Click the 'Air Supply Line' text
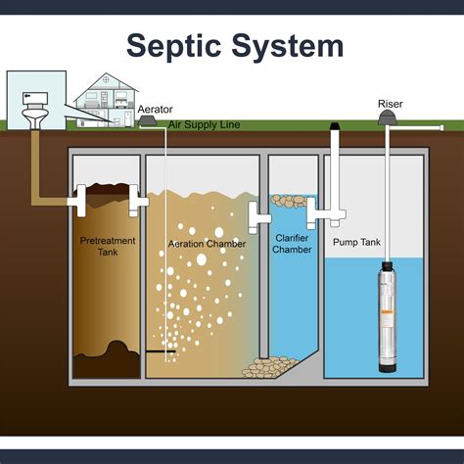point(205,125)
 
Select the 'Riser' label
point(390,103)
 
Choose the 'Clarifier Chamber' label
point(292,244)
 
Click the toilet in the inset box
point(32,105)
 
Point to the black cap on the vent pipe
point(335,126)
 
